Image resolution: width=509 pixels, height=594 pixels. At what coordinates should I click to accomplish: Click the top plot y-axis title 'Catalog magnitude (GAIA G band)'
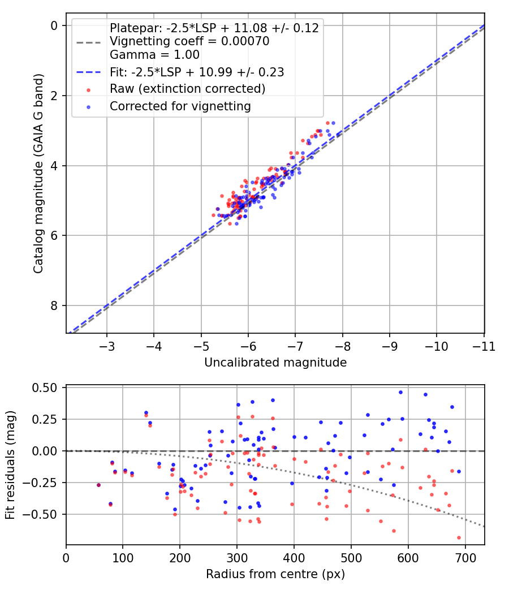[38, 174]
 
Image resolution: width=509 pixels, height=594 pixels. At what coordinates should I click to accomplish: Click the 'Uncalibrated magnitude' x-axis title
[275, 363]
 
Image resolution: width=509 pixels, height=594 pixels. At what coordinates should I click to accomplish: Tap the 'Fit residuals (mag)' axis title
[10, 465]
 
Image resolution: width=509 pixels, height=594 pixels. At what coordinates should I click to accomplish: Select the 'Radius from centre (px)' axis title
[275, 574]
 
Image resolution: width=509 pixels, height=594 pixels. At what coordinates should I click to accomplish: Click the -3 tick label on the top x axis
[106, 346]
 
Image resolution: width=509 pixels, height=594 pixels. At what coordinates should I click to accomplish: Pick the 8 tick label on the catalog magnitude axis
[54, 305]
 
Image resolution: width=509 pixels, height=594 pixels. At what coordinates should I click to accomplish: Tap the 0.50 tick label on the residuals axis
[44, 388]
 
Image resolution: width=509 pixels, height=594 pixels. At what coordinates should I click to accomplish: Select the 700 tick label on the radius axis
[465, 558]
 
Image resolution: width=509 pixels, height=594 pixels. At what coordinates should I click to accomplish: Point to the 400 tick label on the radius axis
[294, 558]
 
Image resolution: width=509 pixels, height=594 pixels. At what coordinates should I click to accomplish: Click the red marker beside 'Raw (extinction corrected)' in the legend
[89, 90]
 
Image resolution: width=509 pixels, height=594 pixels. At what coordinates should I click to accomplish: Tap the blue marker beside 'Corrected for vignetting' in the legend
[89, 107]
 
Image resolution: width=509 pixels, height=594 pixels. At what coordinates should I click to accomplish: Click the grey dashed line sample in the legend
[89, 42]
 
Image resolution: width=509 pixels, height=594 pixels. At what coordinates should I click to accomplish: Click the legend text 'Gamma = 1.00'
[154, 55]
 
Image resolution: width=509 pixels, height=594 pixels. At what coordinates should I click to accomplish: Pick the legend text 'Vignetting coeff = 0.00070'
[189, 41]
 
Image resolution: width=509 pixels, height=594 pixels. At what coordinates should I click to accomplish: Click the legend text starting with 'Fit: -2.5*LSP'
[197, 72]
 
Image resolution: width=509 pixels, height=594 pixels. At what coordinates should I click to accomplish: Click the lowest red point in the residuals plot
[459, 537]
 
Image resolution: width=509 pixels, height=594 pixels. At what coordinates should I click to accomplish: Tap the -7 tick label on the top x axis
[295, 346]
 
